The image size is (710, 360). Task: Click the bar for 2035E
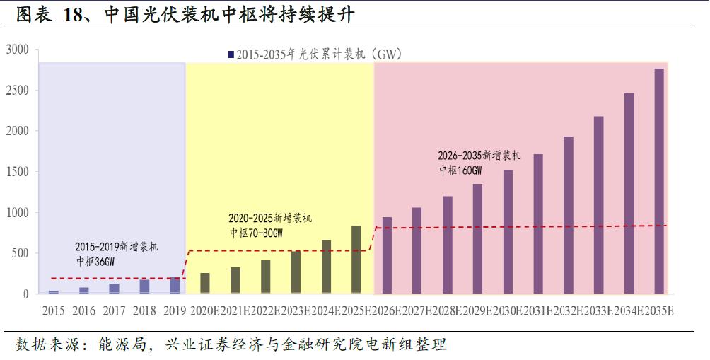pos(659,181)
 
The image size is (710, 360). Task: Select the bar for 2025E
pos(356,260)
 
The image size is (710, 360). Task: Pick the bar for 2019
pos(175,285)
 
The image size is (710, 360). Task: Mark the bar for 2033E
pos(598,205)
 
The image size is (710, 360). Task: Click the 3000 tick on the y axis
pos(17,50)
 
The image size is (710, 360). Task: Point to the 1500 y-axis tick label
pos(17,172)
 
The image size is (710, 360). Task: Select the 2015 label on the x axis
pos(54,311)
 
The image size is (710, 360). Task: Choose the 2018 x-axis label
pos(144,311)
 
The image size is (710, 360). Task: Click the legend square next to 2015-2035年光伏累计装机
pos(231,54)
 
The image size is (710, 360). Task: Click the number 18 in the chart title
pos(74,15)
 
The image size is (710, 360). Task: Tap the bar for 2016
pos(84,290)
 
